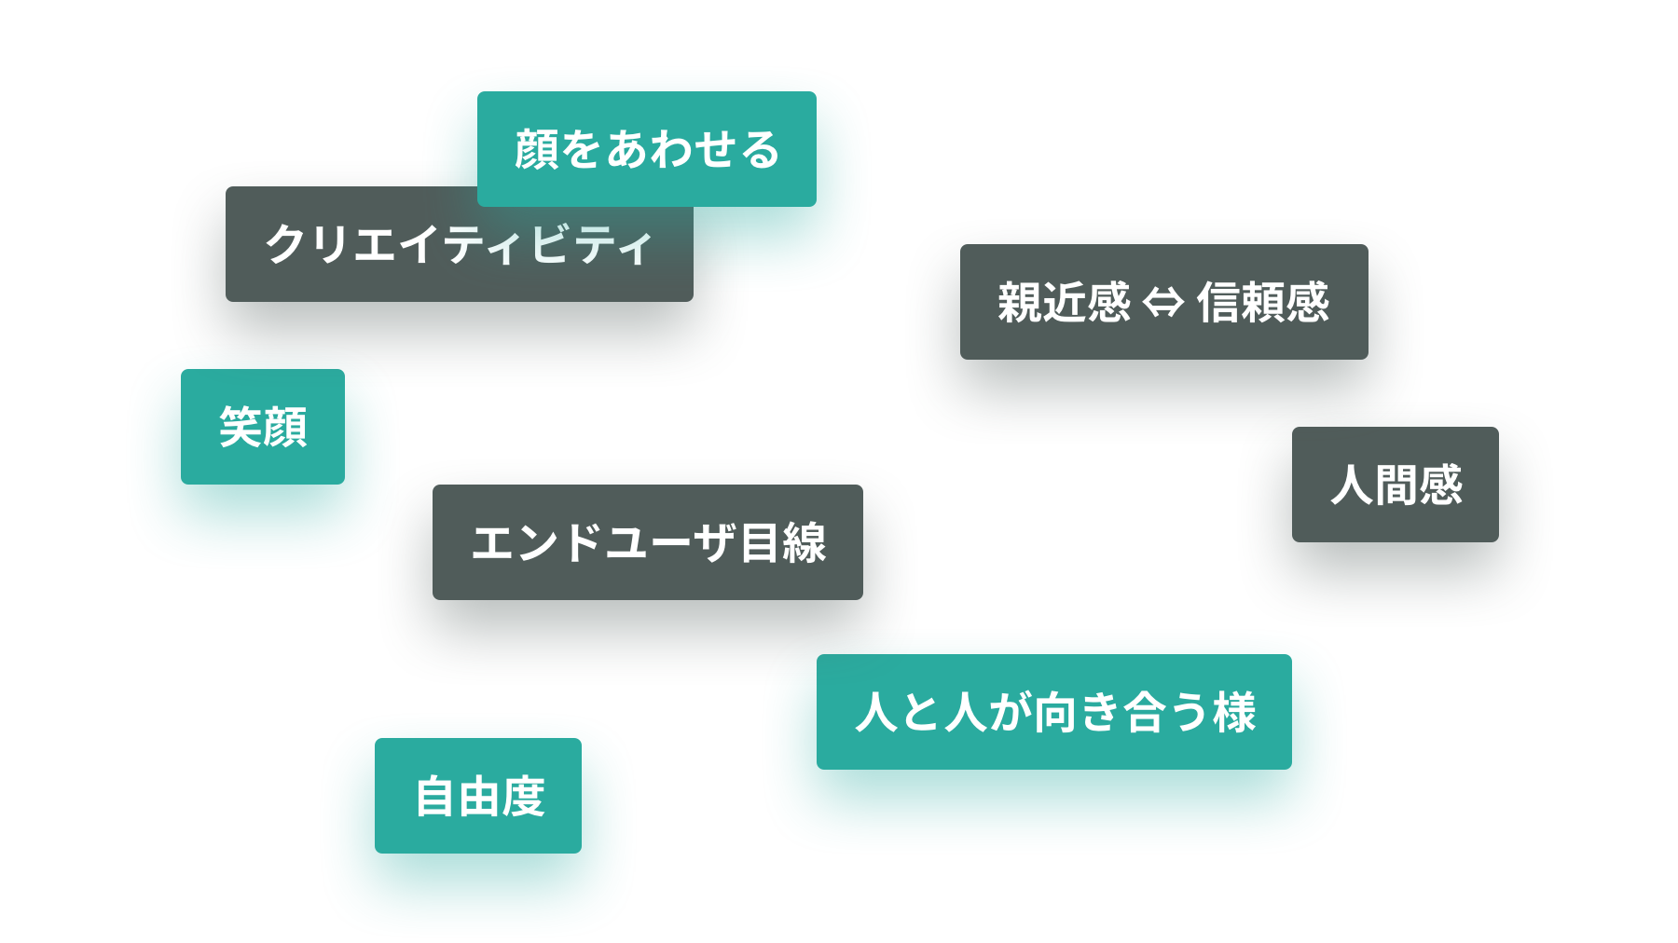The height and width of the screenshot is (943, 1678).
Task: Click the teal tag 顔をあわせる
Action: click(x=646, y=149)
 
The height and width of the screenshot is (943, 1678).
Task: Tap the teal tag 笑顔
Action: click(x=263, y=427)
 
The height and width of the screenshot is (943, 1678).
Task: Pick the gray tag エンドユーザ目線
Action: click(x=647, y=542)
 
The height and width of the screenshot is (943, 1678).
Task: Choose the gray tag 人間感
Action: click(x=1395, y=485)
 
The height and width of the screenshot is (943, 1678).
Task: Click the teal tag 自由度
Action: click(x=477, y=796)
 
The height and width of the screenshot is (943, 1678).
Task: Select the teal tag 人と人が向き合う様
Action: click(x=1053, y=712)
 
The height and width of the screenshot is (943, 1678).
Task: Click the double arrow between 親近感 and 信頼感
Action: click(x=1162, y=303)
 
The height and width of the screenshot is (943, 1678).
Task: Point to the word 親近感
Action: click(x=1064, y=303)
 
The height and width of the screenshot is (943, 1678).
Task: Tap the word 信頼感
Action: click(x=1263, y=303)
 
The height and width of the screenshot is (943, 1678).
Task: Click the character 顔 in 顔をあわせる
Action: click(x=536, y=149)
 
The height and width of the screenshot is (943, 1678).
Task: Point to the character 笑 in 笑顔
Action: click(x=241, y=427)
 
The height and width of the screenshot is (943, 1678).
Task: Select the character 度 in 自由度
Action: click(x=523, y=797)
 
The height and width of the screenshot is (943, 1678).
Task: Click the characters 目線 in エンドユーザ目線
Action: click(x=783, y=542)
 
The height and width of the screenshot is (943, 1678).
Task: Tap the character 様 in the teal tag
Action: click(x=1234, y=712)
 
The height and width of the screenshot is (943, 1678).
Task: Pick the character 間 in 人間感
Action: click(x=1396, y=485)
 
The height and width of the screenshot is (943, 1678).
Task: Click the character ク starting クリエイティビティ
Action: click(x=286, y=244)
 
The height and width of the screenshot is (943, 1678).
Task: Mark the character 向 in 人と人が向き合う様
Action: click(x=1055, y=712)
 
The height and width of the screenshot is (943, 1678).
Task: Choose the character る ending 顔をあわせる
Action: click(x=759, y=149)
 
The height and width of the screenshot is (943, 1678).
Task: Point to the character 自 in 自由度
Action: click(x=434, y=797)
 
